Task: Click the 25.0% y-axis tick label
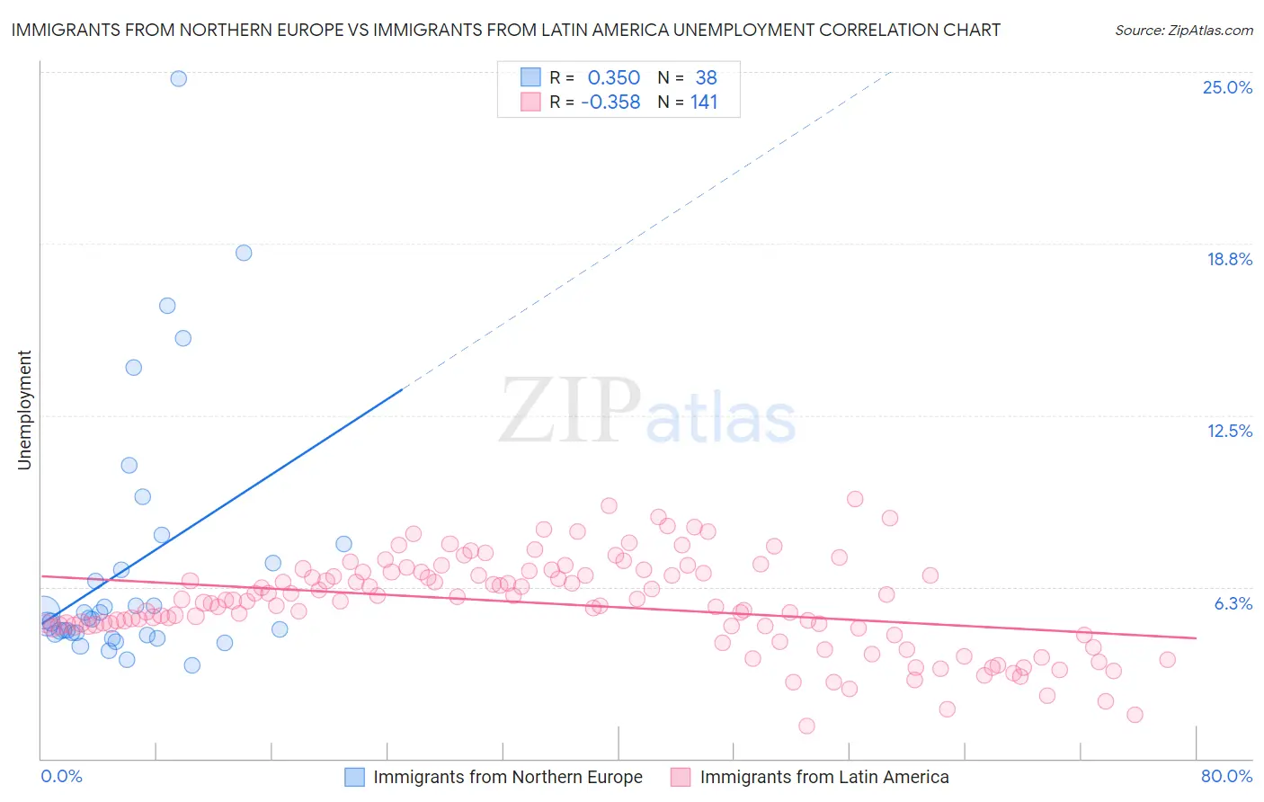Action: click(1227, 87)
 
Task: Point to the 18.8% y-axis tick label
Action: click(1229, 259)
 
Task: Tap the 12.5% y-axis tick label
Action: click(1229, 431)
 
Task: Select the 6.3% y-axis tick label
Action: click(1233, 603)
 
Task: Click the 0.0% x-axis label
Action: click(61, 776)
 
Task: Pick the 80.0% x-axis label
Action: click(1226, 776)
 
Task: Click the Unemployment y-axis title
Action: click(24, 410)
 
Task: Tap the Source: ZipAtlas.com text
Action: click(1183, 31)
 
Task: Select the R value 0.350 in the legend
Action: click(613, 78)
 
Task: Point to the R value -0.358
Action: click(610, 102)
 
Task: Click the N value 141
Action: click(704, 102)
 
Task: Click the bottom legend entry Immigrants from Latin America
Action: click(823, 777)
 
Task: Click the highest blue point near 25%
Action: click(179, 78)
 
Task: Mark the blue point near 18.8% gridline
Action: click(244, 253)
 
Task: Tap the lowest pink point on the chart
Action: click(806, 726)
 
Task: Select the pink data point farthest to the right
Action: click(1167, 659)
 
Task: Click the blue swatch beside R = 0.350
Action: click(530, 77)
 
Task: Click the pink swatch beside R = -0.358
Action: click(530, 102)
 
